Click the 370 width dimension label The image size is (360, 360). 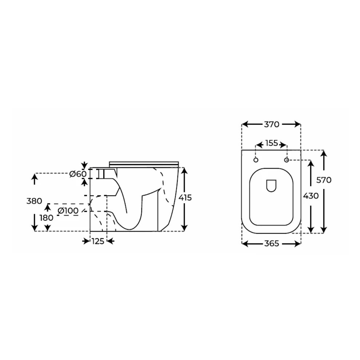271,124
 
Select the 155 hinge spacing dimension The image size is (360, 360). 271,143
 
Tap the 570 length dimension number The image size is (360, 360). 324,180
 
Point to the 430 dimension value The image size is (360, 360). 311,196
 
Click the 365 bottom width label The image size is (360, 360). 271,243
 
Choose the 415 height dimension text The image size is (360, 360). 185,198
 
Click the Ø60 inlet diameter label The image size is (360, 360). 78,174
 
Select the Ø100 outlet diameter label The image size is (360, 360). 68,211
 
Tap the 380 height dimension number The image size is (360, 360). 34,201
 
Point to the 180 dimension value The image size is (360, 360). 47,218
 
